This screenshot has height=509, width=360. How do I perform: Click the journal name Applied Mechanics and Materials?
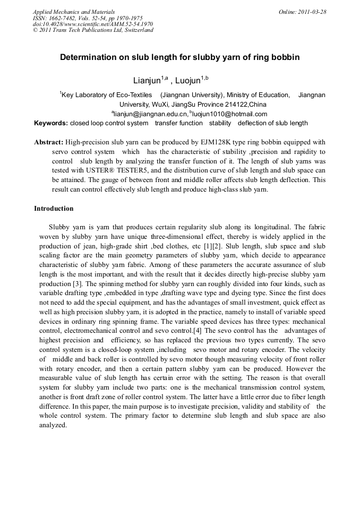tap(74, 12)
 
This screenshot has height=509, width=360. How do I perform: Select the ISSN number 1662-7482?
tap(64, 18)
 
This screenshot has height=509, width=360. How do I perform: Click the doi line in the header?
tap(93, 24)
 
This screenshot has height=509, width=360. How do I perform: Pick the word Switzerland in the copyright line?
tap(135, 30)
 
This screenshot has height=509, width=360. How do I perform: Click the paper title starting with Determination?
tap(179, 57)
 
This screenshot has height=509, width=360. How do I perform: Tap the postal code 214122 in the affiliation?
tap(235, 105)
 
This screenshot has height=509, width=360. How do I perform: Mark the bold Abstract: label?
tap(49, 142)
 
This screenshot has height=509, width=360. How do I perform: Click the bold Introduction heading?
tap(54, 209)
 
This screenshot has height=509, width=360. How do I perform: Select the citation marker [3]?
tap(76, 284)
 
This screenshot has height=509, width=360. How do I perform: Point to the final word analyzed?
tap(53, 425)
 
